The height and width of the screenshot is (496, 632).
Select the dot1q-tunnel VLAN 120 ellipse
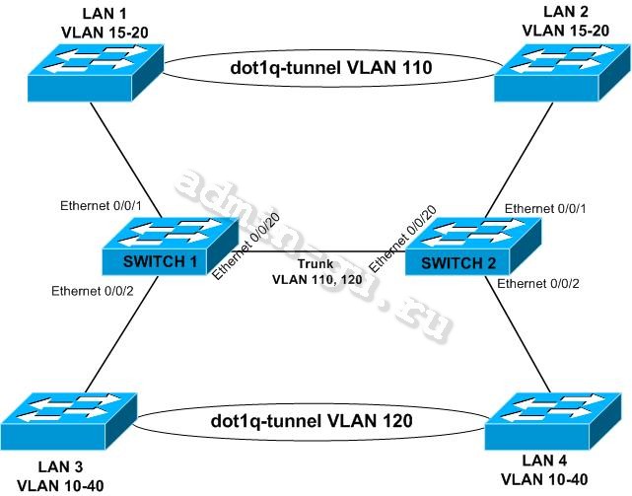[312, 421]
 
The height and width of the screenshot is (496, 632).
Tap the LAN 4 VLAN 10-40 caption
[547, 471]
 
